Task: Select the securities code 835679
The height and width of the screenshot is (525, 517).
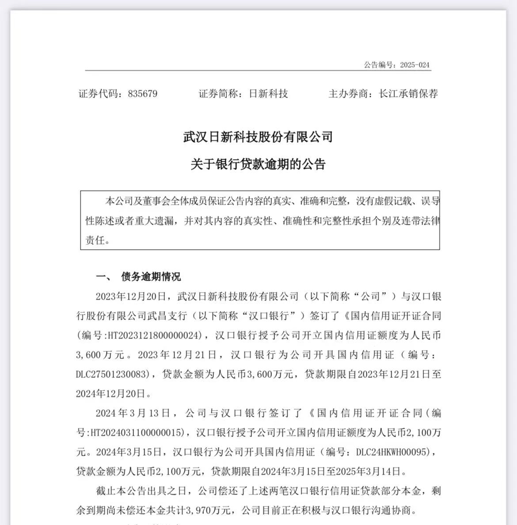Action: [142, 94]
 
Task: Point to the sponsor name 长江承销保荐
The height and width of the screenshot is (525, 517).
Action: [408, 94]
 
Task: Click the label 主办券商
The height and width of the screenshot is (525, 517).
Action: [348, 94]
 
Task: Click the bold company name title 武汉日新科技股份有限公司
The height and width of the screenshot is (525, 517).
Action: [258, 137]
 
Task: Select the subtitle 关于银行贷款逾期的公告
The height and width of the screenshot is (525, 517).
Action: [258, 164]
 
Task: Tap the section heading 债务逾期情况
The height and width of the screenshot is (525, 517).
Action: [151, 277]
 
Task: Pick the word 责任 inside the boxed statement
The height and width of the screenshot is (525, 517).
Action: [95, 240]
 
